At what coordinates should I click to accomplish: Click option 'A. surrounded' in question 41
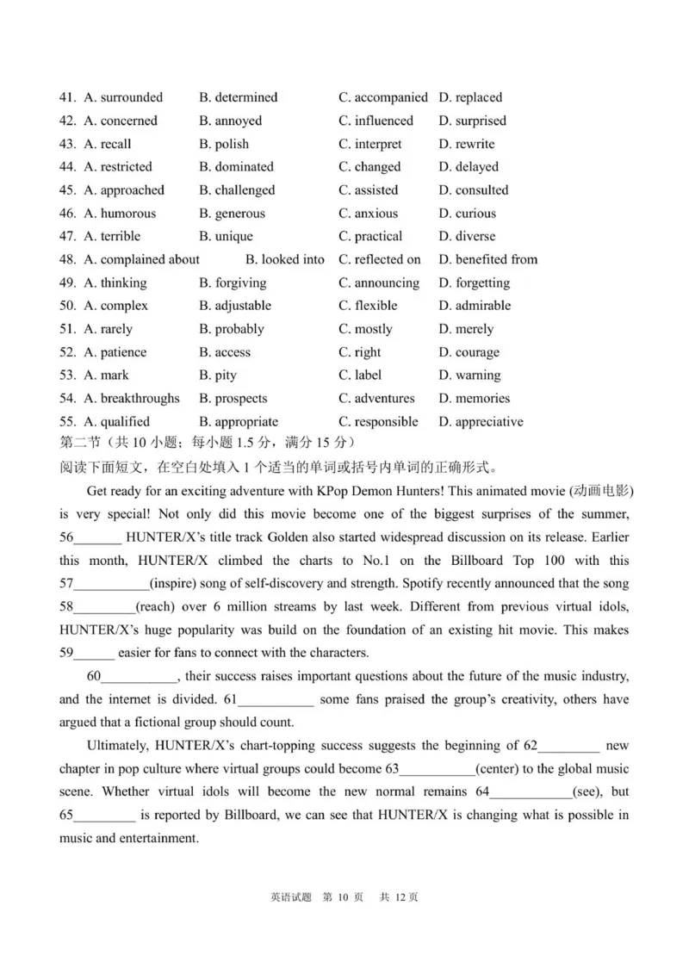[123, 97]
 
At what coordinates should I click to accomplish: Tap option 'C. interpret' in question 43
[369, 144]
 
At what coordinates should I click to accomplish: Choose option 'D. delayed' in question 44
[469, 167]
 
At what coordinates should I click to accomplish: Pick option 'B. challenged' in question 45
[237, 190]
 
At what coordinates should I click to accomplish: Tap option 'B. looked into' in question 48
[285, 259]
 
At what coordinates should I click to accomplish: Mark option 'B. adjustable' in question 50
[235, 306]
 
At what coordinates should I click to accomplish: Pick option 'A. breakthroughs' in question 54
[132, 399]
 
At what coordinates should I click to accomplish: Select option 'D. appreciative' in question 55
[481, 422]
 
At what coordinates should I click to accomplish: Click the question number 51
[67, 329]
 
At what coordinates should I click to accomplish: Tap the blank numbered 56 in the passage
[97, 538]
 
